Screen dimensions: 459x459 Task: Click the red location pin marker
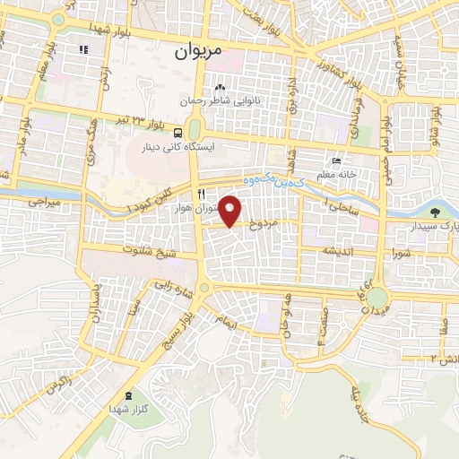232,209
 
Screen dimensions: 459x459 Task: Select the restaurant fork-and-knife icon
203,193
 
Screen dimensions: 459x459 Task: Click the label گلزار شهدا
132,412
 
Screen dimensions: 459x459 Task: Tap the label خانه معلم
337,174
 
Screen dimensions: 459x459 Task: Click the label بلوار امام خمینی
383,135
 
